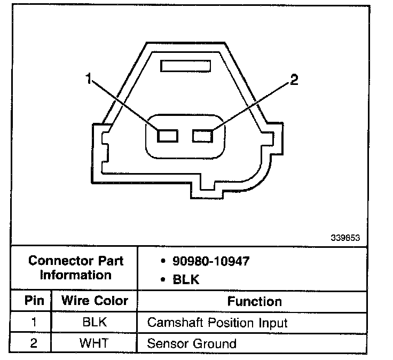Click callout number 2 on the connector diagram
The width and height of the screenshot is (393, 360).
pos(293,81)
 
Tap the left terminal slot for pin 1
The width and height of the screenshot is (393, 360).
pos(167,135)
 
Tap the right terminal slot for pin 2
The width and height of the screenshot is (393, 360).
pos(203,135)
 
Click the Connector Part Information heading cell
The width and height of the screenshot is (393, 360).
pos(76,268)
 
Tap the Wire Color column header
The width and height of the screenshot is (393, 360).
pos(95,301)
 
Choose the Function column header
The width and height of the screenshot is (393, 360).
pos(254,301)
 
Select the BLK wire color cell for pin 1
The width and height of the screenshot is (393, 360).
pos(94,322)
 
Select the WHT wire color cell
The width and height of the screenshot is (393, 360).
pos(94,342)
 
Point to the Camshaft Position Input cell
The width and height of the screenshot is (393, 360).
pos(217,323)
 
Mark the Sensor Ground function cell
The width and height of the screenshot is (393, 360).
pos(191,343)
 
